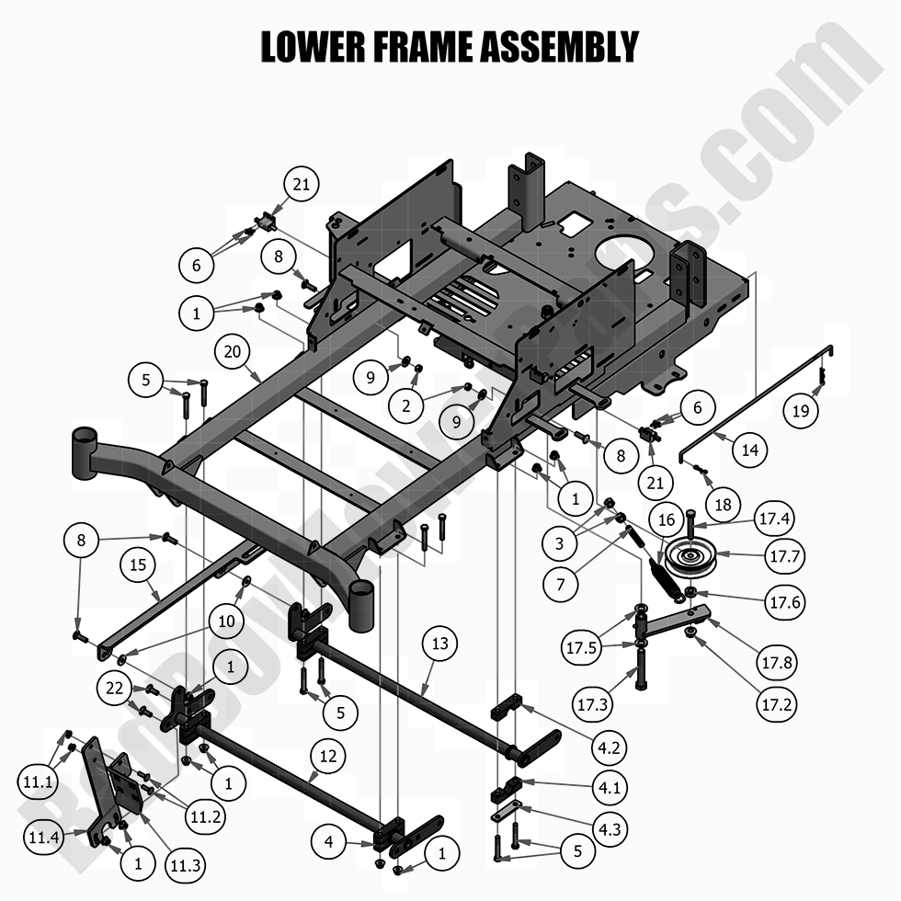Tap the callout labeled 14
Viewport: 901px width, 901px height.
point(751,450)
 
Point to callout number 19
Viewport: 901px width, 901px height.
point(801,410)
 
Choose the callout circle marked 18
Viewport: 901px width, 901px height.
point(724,505)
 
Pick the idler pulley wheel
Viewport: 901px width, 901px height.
point(690,554)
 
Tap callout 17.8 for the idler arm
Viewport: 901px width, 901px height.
point(773,661)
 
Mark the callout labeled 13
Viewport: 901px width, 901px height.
point(440,644)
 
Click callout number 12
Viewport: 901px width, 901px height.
point(328,758)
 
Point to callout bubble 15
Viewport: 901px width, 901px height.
point(137,566)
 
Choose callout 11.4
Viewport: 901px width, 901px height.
point(43,838)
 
